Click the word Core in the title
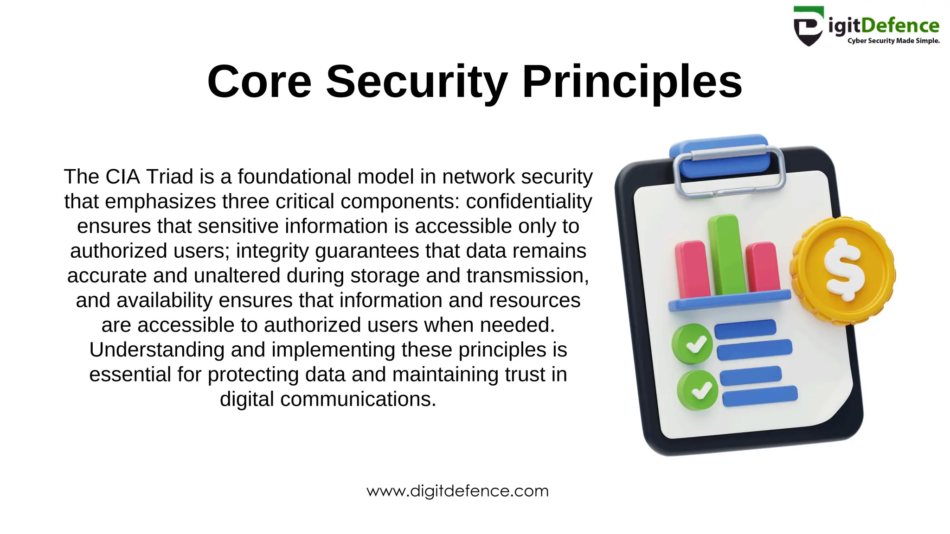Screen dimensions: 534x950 pyautogui.click(x=259, y=82)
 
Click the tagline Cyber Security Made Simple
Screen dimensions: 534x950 pyautogui.click(x=893, y=41)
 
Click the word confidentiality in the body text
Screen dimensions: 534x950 pyautogui.click(x=529, y=202)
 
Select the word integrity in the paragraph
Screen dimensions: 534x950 pyautogui.click(x=273, y=251)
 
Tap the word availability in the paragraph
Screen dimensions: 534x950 pyautogui.click(x=164, y=300)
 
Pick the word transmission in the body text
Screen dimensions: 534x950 pyautogui.click(x=527, y=276)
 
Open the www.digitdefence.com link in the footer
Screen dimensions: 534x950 pyautogui.click(x=457, y=491)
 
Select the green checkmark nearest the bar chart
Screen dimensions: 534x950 pyautogui.click(x=692, y=344)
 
